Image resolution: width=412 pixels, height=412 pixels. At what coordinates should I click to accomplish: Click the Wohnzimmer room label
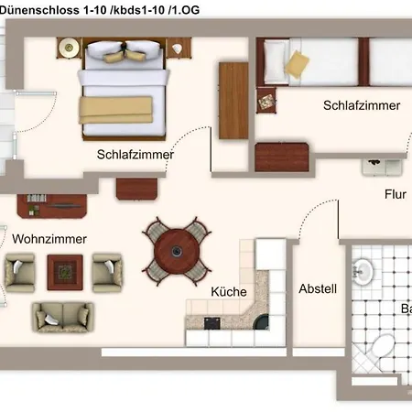coord(49,239)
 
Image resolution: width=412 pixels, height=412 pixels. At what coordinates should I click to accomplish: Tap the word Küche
coord(228,292)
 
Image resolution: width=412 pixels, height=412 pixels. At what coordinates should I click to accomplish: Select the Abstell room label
coord(318,288)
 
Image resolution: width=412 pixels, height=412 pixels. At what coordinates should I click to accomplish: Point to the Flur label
coord(395,194)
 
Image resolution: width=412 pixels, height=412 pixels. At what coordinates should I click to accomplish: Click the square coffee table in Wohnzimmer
coord(63,270)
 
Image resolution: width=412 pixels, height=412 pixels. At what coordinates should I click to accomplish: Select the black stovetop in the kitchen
coord(212,322)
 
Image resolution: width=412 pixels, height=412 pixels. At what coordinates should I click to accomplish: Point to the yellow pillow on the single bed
coord(298,64)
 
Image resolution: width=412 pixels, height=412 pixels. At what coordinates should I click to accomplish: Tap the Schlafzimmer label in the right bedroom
coord(362,105)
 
